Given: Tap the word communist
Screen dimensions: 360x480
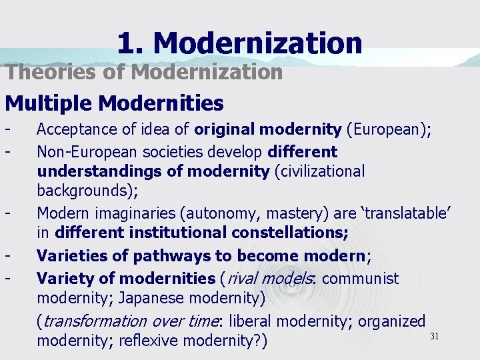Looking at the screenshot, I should tap(360, 277).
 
